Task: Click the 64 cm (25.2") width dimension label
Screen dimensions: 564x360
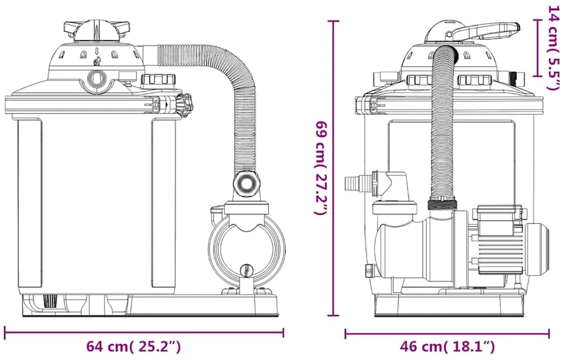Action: [133, 346]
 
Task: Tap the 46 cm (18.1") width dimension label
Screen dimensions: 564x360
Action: [447, 346]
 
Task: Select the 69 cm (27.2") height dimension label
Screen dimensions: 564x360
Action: [321, 168]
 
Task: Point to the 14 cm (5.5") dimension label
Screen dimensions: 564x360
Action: [553, 48]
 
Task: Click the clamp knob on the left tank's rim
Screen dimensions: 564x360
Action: [185, 105]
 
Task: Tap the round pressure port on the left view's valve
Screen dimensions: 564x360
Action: [97, 77]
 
